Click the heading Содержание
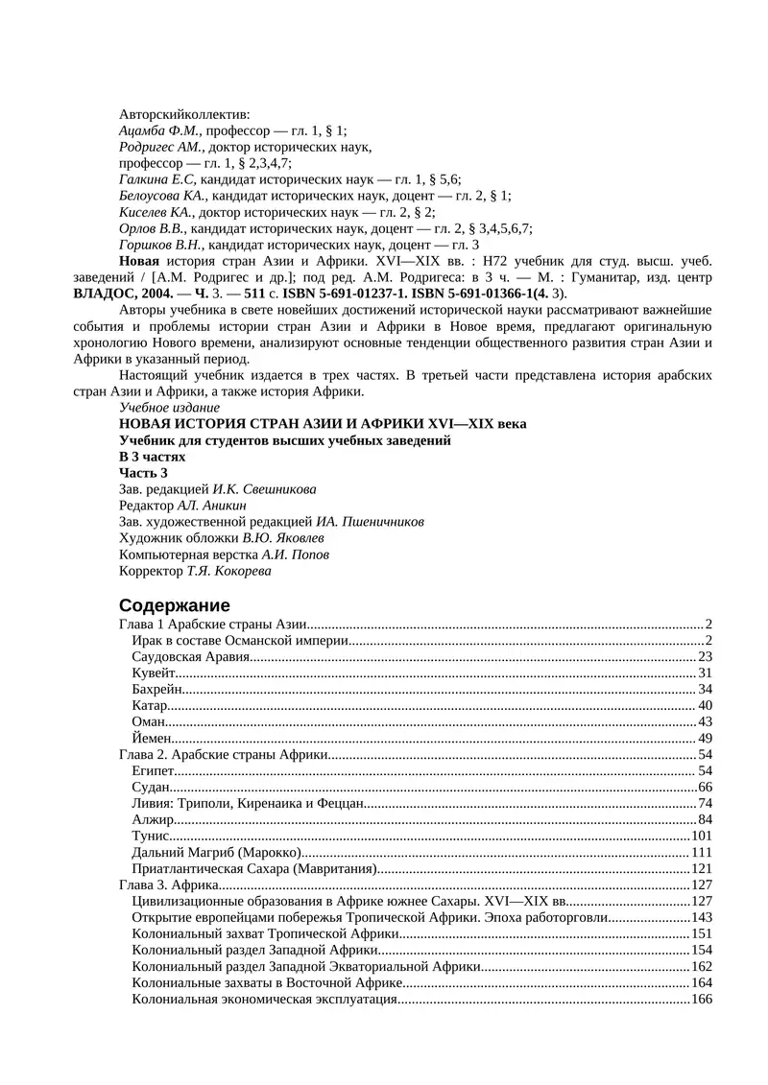(174, 605)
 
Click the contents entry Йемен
(152, 739)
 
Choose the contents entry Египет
(154, 771)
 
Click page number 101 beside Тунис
(700, 837)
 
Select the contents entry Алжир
(153, 820)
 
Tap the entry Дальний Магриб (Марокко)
(217, 853)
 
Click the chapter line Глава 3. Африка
(169, 885)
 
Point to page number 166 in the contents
(700, 1000)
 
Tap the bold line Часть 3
(143, 473)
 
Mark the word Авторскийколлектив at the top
(184, 114)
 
